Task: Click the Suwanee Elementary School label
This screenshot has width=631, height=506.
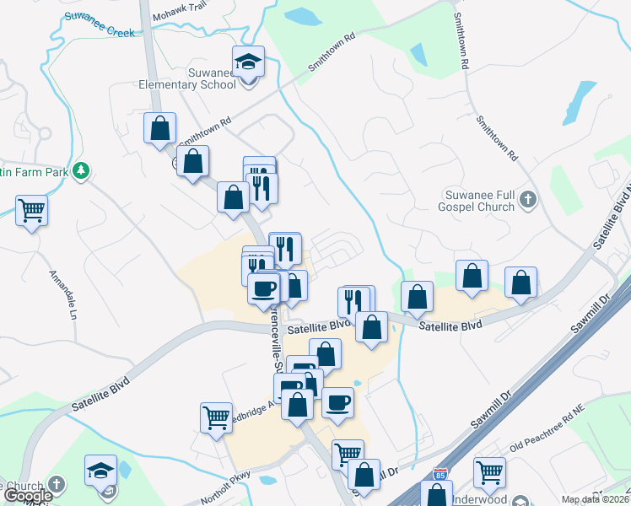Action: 188,78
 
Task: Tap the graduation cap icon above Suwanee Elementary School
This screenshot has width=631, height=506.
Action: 248,62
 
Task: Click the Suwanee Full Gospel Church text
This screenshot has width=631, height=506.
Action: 475,201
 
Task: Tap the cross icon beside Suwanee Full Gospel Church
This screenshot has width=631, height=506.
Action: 528,200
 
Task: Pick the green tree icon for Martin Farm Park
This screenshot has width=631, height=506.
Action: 81,170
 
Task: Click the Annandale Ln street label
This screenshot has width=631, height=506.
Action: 62,294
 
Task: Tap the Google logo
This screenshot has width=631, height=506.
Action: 28,496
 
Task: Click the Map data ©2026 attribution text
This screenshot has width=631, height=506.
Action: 596,499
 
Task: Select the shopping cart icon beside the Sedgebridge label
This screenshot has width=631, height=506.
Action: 217,416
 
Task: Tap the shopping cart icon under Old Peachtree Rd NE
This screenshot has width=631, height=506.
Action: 489,471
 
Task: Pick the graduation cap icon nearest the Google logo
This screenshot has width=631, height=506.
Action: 101,470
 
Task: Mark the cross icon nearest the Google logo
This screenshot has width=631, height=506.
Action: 56,485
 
